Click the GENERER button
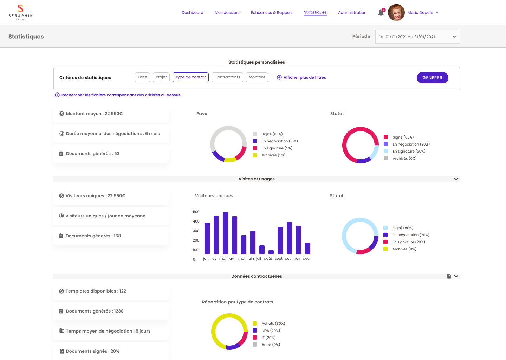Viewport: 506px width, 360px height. pyautogui.click(x=432, y=78)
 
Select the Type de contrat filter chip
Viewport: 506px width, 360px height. pyautogui.click(x=190, y=77)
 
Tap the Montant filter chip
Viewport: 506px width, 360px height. pyautogui.click(x=257, y=77)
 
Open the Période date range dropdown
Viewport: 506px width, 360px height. pyautogui.click(x=417, y=37)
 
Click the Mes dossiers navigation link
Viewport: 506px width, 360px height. pyautogui.click(x=227, y=13)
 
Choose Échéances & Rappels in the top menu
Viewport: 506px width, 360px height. pyautogui.click(x=272, y=13)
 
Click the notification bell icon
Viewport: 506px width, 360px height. pyautogui.click(x=381, y=13)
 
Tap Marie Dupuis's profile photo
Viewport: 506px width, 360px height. pyautogui.click(x=396, y=13)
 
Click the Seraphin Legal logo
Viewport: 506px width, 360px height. pyautogui.click(x=21, y=13)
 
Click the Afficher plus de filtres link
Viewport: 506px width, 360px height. pyautogui.click(x=304, y=77)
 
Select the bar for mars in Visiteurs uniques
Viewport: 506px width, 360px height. pyautogui.click(x=225, y=233)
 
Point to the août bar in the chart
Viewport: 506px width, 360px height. pyautogui.click(x=271, y=252)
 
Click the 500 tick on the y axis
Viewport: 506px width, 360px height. pyautogui.click(x=196, y=212)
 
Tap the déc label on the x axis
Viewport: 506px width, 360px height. pyautogui.click(x=306, y=259)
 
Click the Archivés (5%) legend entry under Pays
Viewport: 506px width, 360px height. pyautogui.click(x=273, y=155)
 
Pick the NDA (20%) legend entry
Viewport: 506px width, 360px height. pyautogui.click(x=270, y=331)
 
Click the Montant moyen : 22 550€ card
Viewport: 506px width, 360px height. pyautogui.click(x=111, y=114)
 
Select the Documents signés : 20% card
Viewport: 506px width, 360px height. pyautogui.click(x=111, y=351)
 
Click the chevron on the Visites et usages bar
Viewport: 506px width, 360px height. pyautogui.click(x=456, y=179)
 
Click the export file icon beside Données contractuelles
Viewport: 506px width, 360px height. pyautogui.click(x=449, y=276)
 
